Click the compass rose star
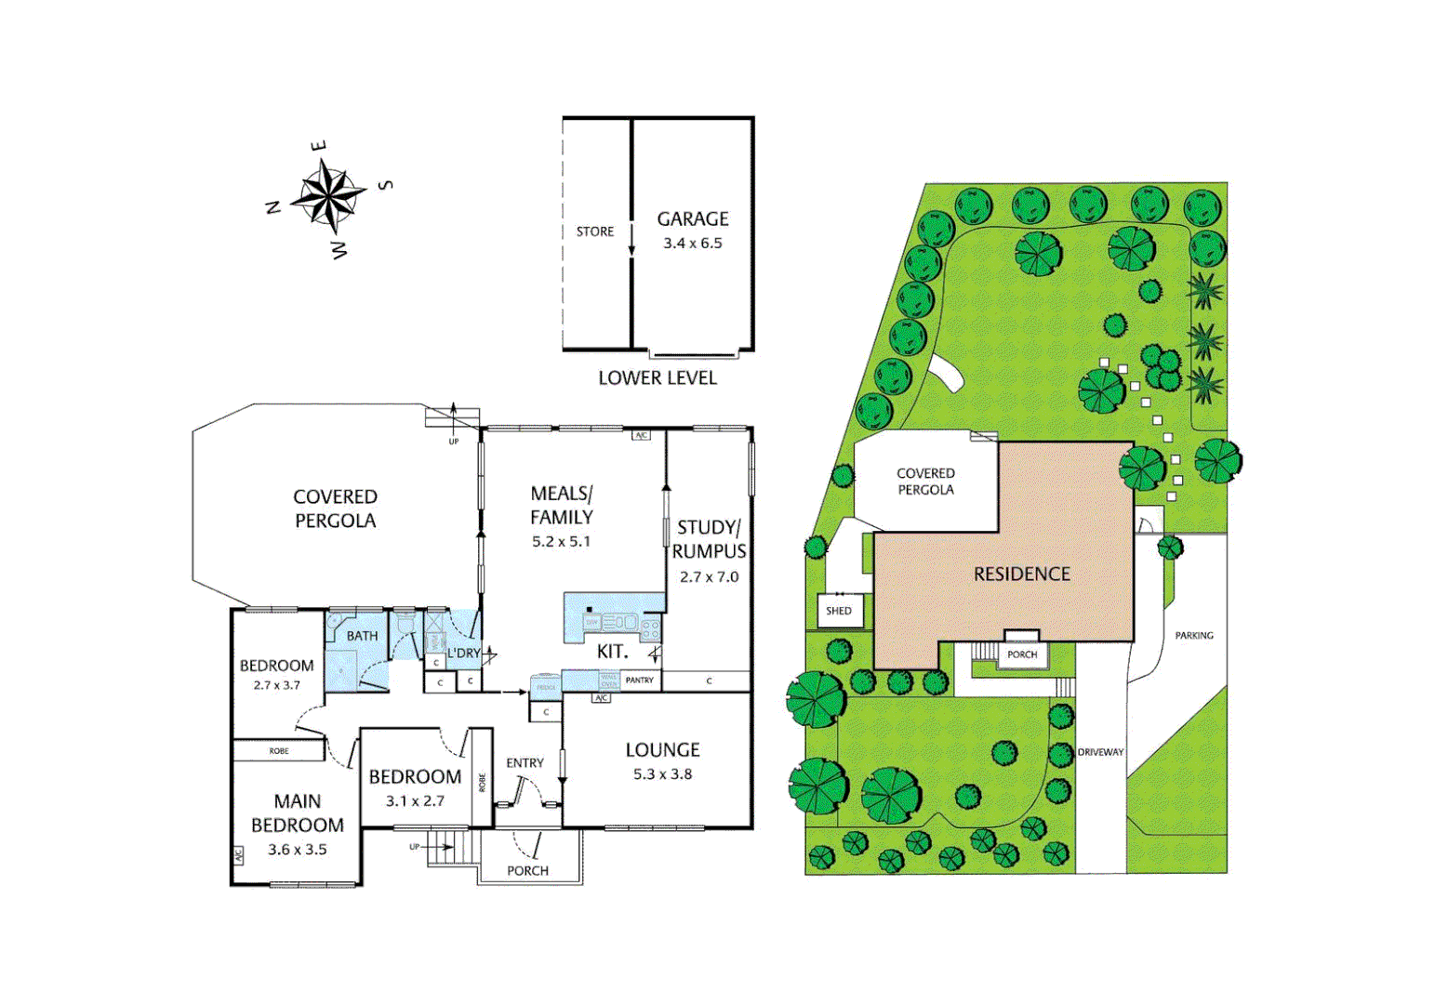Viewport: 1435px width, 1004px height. pyautogui.click(x=328, y=196)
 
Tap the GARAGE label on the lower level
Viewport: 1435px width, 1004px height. pyautogui.click(x=693, y=219)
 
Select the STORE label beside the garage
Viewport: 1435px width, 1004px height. pyautogui.click(x=595, y=231)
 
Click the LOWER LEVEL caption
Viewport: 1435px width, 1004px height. pyautogui.click(x=658, y=378)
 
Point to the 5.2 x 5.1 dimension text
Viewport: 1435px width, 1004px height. pyautogui.click(x=561, y=541)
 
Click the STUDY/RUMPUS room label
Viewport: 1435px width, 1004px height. pyautogui.click(x=709, y=539)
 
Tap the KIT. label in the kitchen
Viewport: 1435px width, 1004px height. pyautogui.click(x=612, y=652)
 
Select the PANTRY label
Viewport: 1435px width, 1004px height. pyautogui.click(x=640, y=680)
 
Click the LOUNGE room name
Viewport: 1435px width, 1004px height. pyautogui.click(x=662, y=749)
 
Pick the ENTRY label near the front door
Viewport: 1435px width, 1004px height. pyautogui.click(x=525, y=763)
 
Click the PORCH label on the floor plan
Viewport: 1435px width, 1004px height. pyautogui.click(x=527, y=871)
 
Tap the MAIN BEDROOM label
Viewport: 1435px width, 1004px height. pyautogui.click(x=298, y=813)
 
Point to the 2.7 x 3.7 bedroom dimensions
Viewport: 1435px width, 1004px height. pyautogui.click(x=277, y=685)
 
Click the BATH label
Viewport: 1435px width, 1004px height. pyautogui.click(x=362, y=636)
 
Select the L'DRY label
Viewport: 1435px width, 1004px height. pyautogui.click(x=463, y=654)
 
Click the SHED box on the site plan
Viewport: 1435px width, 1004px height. pyautogui.click(x=839, y=611)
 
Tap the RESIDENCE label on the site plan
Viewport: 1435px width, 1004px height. pyautogui.click(x=1022, y=575)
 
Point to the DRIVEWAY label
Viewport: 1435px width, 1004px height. pyautogui.click(x=1100, y=752)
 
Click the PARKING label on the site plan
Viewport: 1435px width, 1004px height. pyautogui.click(x=1194, y=636)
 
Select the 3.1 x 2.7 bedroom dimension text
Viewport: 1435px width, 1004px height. pyautogui.click(x=415, y=800)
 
